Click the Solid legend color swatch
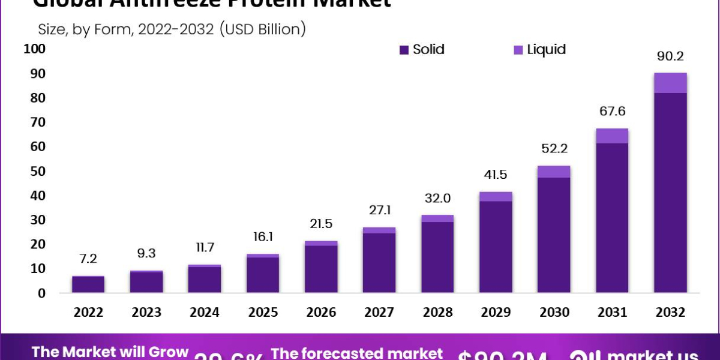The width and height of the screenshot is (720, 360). [404, 50]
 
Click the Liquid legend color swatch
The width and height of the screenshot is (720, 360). [518, 50]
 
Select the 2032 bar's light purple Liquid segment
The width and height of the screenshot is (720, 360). [670, 83]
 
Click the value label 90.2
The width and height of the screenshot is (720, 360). [670, 57]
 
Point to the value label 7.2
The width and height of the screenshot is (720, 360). [88, 259]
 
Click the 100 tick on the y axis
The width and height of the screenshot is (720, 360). [34, 49]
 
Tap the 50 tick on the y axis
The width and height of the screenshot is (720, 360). [37, 172]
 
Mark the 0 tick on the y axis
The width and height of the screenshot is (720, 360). [41, 293]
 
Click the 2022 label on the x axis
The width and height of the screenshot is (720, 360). [88, 313]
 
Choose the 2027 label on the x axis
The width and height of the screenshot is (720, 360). [379, 313]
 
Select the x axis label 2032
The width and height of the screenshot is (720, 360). [670, 313]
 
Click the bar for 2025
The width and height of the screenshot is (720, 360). [263, 274]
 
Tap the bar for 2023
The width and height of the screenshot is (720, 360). [146, 282]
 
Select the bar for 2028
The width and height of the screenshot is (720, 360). [437, 254]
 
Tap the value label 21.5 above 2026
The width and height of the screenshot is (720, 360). [321, 224]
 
